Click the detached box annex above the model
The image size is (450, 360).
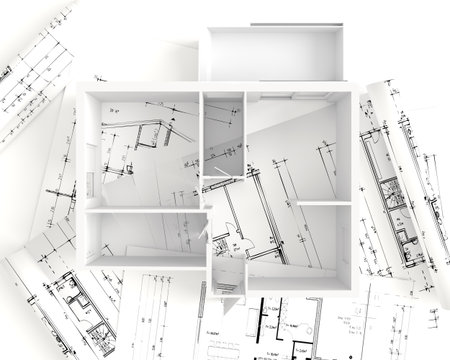pos(272,52)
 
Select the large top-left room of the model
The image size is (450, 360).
pos(140,150)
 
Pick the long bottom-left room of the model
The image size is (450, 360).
pos(145,238)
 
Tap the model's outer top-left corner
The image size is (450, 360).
pos(78,89)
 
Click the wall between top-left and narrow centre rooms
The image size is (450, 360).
pos(201,150)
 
